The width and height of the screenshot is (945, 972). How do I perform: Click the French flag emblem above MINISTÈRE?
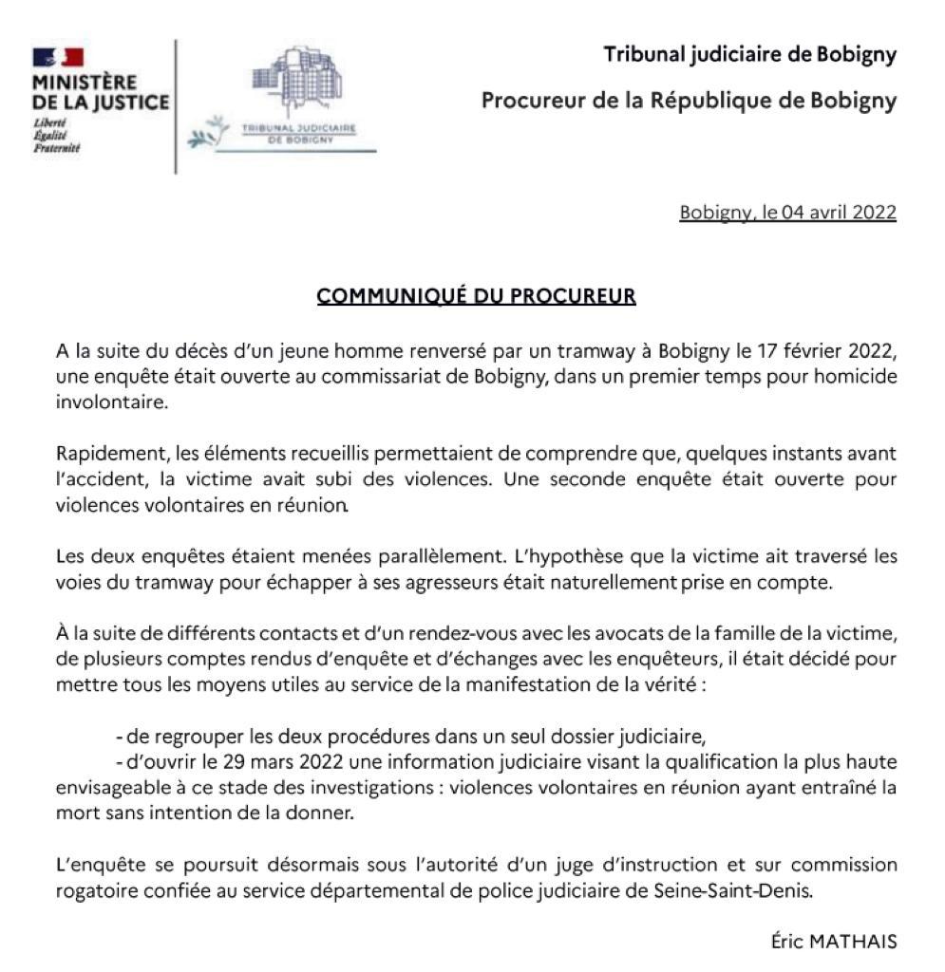(58, 57)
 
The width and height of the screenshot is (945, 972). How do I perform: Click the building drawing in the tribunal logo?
(294, 86)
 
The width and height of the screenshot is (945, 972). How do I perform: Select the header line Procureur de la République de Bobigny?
(689, 101)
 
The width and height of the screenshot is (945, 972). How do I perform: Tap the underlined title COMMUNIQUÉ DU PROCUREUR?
(476, 296)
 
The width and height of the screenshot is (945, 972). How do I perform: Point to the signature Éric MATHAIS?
(834, 943)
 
